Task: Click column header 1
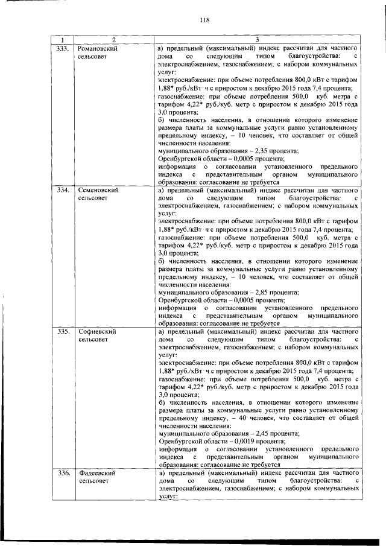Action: pyautogui.click(x=63, y=39)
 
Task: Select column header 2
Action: pyautogui.click(x=112, y=39)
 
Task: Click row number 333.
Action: pyautogui.click(x=63, y=47)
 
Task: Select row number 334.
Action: pyautogui.click(x=63, y=190)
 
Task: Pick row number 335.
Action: pyautogui.click(x=63, y=332)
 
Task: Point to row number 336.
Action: pyautogui.click(x=63, y=474)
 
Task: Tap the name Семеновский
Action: pyautogui.click(x=98, y=190)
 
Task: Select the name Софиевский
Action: pyautogui.click(x=97, y=332)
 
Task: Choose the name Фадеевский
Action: pyautogui.click(x=96, y=474)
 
